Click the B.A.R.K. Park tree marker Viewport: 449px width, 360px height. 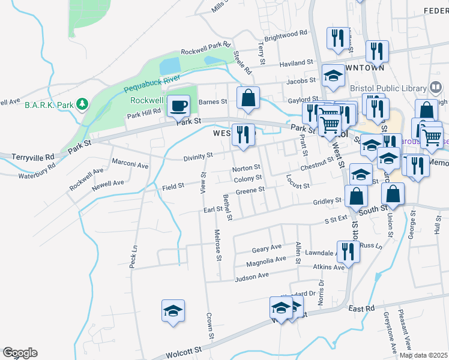click(x=82, y=104)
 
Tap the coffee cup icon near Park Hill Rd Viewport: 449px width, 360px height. click(x=178, y=106)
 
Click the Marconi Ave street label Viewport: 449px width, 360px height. click(x=131, y=165)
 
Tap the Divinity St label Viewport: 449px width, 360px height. click(x=198, y=156)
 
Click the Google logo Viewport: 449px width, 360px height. click(x=20, y=352)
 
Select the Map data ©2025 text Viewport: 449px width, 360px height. click(x=423, y=355)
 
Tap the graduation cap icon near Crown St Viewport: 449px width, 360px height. click(x=173, y=311)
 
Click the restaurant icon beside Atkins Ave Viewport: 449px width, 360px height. click(x=347, y=252)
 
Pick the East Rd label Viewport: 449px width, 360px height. click(x=361, y=308)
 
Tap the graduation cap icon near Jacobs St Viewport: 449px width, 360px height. click(x=333, y=75)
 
